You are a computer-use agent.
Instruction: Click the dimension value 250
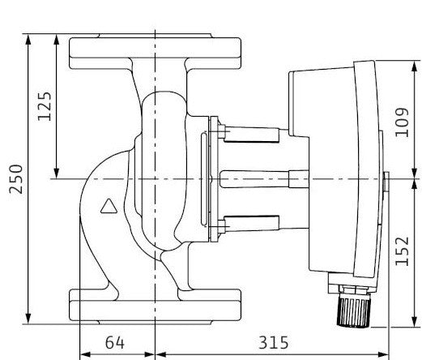point(16,179)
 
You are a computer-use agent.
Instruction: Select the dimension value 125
point(45,106)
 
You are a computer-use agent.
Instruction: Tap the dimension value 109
point(402,122)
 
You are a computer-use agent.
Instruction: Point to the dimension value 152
point(402,251)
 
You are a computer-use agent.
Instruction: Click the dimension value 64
point(115,343)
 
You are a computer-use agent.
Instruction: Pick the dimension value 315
point(274,343)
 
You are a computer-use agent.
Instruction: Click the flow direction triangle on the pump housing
point(109,206)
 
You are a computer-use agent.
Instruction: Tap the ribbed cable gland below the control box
point(354,312)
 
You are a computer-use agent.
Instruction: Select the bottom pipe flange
point(155,306)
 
